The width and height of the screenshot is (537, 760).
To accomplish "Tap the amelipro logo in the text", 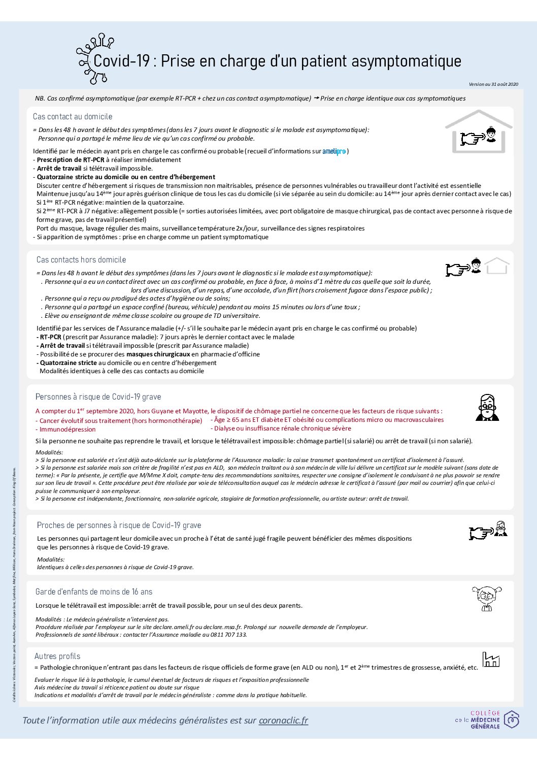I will point(334,151).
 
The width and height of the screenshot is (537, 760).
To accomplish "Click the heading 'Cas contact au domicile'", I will point(73,117).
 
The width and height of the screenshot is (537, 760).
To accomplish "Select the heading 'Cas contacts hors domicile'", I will point(81,260).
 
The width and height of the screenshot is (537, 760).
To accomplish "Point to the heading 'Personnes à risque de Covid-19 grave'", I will point(98,397).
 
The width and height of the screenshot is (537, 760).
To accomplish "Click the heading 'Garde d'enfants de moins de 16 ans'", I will point(94,592).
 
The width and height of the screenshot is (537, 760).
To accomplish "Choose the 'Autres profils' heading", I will point(57,656).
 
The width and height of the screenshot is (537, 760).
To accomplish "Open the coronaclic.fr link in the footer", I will point(283,720).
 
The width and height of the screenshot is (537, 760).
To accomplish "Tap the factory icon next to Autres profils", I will point(491,659).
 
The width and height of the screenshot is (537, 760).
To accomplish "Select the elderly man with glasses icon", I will point(487,407).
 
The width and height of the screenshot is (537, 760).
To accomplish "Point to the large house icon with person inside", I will point(479,131).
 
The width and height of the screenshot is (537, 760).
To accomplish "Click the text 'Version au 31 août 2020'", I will point(493,84).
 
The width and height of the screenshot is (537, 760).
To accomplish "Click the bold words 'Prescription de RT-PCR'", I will point(71,160).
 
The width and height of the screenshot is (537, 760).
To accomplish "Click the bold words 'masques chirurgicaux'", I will point(158,354).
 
